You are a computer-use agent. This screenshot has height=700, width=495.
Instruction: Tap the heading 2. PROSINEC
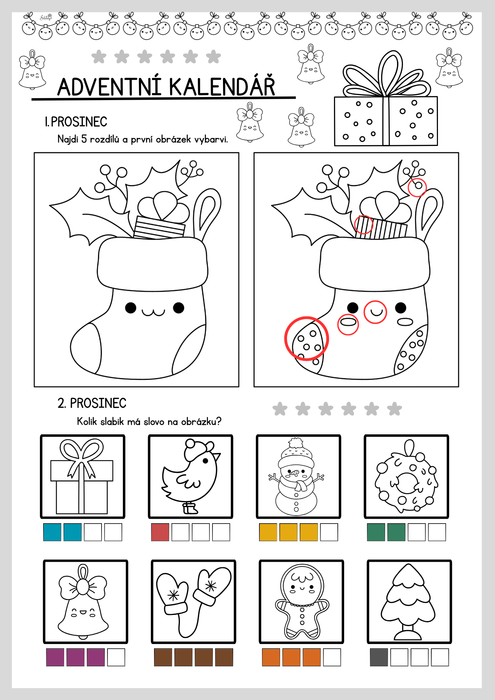[x=92, y=403]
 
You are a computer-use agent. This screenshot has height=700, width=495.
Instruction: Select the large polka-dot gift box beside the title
[x=386, y=100]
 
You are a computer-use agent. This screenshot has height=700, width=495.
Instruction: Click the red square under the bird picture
[x=160, y=532]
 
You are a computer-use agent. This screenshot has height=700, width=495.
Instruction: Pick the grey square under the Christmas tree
[x=379, y=657]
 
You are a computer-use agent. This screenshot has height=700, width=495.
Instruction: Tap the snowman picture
[x=296, y=476]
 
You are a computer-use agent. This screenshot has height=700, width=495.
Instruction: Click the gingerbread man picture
[x=302, y=602]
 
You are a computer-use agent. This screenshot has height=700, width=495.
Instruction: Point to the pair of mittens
[x=193, y=602]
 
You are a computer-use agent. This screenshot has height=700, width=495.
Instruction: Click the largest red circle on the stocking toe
[x=306, y=338]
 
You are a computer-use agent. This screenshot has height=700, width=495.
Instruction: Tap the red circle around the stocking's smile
[x=375, y=312]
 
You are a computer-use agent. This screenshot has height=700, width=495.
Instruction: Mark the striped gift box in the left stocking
[x=159, y=228]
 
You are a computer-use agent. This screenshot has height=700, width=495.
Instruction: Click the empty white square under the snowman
[x=329, y=532]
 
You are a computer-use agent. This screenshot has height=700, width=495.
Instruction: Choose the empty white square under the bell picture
[x=116, y=657]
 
